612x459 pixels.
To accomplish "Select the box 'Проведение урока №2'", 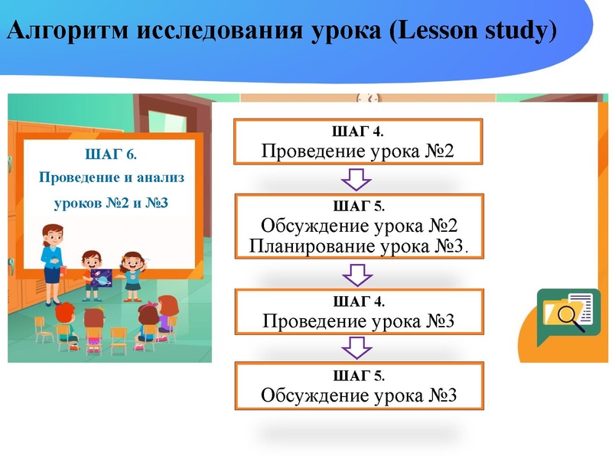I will (x=358, y=142).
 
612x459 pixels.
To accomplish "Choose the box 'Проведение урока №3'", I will (x=358, y=312).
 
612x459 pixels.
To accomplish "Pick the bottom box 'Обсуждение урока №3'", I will (x=359, y=387).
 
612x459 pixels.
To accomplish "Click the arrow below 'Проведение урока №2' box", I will (x=356, y=180).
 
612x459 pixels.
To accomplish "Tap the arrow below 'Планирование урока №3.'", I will (x=356, y=273).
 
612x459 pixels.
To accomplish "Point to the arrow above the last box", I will (x=356, y=347).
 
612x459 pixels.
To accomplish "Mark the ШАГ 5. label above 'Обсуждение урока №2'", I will (x=359, y=207).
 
